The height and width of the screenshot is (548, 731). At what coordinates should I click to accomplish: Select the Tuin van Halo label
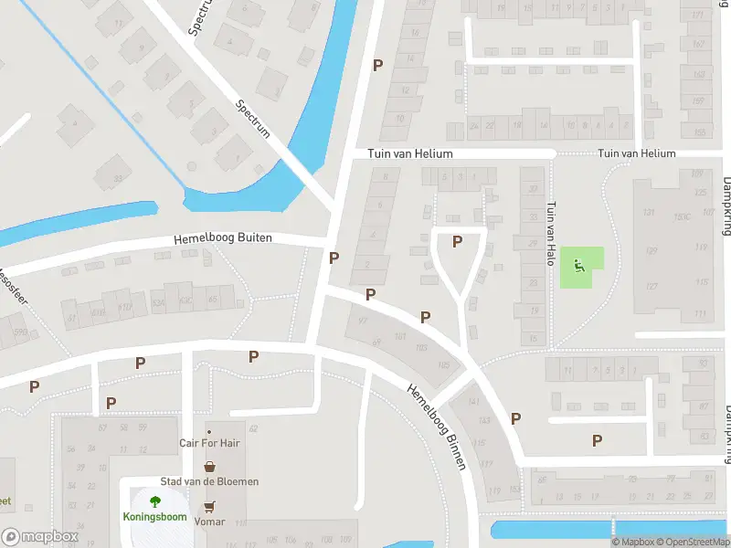click(552, 240)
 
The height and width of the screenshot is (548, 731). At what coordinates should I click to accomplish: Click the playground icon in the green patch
click(578, 267)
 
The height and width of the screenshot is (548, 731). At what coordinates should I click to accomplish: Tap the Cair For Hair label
click(209, 444)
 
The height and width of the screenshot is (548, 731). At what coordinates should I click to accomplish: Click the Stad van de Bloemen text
click(209, 481)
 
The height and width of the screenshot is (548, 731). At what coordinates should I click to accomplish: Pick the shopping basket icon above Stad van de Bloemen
click(209, 466)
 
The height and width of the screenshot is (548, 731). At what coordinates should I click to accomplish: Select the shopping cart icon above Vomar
click(209, 506)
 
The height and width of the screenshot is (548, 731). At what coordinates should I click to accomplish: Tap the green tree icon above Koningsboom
click(154, 501)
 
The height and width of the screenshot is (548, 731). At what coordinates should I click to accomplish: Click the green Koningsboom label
click(154, 516)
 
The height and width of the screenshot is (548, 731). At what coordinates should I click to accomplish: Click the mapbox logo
click(38, 537)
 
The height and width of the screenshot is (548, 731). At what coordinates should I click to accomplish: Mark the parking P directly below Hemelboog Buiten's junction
click(334, 258)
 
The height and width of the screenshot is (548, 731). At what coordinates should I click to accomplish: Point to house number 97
click(363, 321)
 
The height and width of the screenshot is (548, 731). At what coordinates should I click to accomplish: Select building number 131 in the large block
click(650, 213)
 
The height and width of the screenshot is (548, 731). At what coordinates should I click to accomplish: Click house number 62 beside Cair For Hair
click(253, 428)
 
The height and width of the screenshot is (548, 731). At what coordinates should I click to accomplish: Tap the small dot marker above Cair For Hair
click(209, 431)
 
